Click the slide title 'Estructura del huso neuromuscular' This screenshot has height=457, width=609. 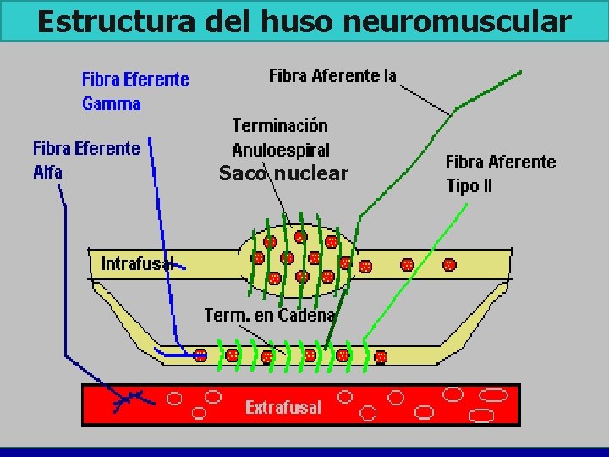(x=304, y=21)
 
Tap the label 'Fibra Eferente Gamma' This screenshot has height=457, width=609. (x=135, y=91)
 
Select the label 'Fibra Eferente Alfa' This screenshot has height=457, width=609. (x=86, y=160)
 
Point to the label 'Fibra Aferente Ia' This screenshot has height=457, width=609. (x=332, y=76)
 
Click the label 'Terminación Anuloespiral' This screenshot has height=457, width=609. (x=280, y=138)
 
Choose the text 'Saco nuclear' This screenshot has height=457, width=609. (x=283, y=174)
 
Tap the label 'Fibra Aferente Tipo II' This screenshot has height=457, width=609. (x=501, y=173)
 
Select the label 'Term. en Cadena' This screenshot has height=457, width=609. (x=269, y=315)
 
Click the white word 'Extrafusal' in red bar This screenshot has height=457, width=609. (x=283, y=408)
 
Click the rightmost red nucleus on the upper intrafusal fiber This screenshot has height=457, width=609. (x=449, y=265)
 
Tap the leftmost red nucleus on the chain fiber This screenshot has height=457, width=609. (x=200, y=355)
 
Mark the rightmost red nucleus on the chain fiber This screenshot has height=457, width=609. (x=381, y=356)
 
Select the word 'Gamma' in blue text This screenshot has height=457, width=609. (x=112, y=104)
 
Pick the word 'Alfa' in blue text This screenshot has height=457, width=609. (x=48, y=172)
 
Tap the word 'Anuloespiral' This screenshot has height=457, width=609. (x=280, y=150)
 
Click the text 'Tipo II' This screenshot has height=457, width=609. (x=469, y=186)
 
